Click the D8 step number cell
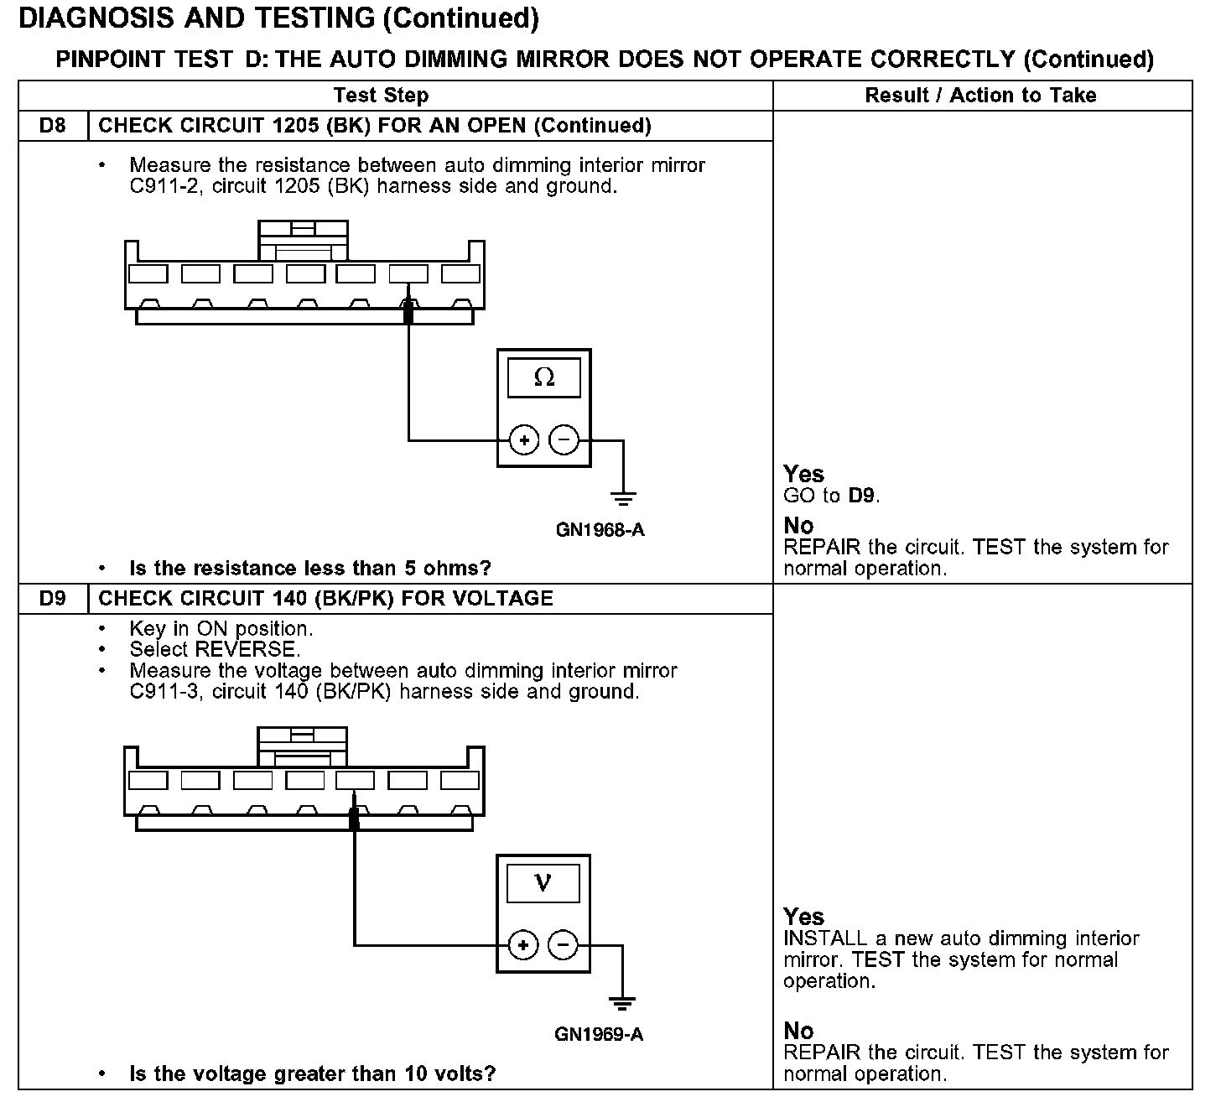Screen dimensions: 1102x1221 tap(52, 126)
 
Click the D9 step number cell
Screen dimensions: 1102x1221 tap(52, 599)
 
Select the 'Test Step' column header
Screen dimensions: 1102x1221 tap(381, 96)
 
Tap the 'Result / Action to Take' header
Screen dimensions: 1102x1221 tap(980, 96)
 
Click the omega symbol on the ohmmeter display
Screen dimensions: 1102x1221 tap(543, 378)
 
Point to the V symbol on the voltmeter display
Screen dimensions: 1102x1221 tap(543, 883)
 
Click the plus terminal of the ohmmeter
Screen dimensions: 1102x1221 tap(524, 439)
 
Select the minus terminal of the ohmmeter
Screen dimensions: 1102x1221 tap(564, 439)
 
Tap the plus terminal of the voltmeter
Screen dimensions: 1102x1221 tap(523, 945)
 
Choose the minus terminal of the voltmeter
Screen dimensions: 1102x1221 tap(563, 945)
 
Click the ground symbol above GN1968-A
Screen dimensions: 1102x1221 tap(622, 498)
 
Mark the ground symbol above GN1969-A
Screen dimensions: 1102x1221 tap(621, 1003)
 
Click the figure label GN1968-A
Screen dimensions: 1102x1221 tap(600, 530)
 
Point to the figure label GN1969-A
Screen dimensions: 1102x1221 tap(599, 1034)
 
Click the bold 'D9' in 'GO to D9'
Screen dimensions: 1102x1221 tap(862, 496)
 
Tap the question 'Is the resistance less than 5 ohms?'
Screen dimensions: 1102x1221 tap(310, 569)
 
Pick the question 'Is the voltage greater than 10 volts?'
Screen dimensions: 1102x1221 tap(312, 1073)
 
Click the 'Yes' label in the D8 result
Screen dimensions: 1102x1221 tap(803, 474)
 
